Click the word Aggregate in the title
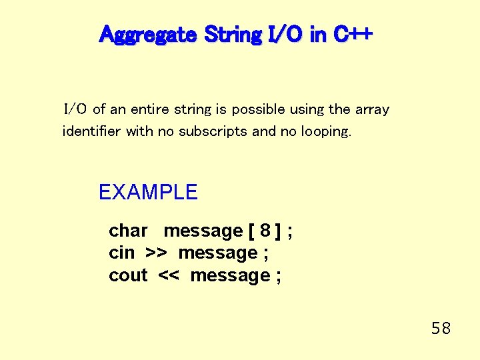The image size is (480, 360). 147,34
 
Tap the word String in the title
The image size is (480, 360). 232,34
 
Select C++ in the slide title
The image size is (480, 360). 352,34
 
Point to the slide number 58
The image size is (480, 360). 441,328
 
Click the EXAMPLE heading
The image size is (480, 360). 148,193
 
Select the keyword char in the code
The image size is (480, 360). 128,231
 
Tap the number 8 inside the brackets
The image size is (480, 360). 265,231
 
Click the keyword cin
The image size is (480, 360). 121,253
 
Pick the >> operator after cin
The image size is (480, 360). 156,253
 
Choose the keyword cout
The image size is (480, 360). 128,275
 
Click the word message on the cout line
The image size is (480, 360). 230,275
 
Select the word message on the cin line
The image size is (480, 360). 218,253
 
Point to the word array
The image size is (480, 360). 372,109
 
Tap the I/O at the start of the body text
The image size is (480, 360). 75,109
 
